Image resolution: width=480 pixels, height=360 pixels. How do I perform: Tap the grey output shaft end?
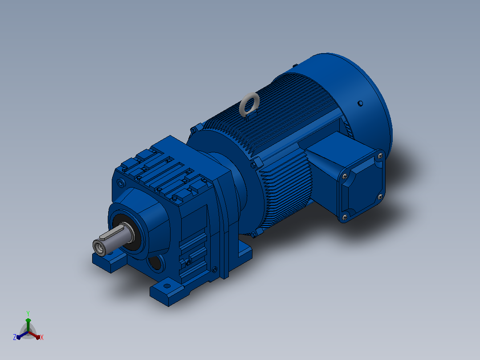(99, 247)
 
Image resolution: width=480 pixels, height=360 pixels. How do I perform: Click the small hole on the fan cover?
(360, 103)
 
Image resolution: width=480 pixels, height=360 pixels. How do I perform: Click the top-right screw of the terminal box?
(380, 156)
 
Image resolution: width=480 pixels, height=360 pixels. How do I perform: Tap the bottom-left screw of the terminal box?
(345, 217)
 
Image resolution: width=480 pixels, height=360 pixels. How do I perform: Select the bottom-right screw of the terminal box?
(380, 196)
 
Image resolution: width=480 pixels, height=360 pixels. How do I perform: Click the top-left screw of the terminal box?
(345, 176)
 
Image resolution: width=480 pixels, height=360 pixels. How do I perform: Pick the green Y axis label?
(28, 313)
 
